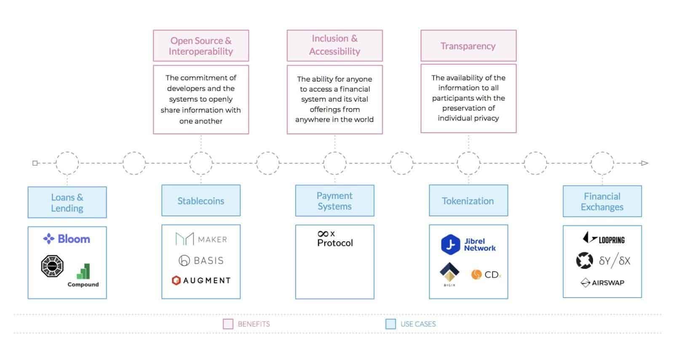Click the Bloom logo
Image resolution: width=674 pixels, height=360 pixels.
tap(67, 239)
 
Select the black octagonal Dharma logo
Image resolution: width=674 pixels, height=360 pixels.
tap(52, 266)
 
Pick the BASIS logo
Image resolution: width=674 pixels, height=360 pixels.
tap(201, 261)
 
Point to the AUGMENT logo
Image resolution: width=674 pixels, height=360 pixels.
tap(201, 280)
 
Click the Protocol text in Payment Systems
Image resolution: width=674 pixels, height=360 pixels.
tap(335, 243)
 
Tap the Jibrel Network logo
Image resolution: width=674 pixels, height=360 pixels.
tap(468, 244)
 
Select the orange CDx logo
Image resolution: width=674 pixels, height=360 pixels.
tap(486, 275)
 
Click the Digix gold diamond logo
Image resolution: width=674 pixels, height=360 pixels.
tap(449, 273)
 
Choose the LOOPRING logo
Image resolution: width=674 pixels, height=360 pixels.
tap(603, 239)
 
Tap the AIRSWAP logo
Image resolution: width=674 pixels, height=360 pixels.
tap(602, 283)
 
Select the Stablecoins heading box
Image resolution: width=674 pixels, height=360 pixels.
tap(201, 201)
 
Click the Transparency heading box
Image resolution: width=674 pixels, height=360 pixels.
tap(468, 46)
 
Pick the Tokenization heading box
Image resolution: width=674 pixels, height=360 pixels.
tap(468, 201)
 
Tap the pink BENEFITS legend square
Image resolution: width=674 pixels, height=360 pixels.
tap(228, 324)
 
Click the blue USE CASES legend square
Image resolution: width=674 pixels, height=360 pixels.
tap(390, 324)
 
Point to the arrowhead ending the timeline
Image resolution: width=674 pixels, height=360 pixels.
tap(645, 163)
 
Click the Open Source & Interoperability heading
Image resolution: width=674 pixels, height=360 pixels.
tap(201, 46)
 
